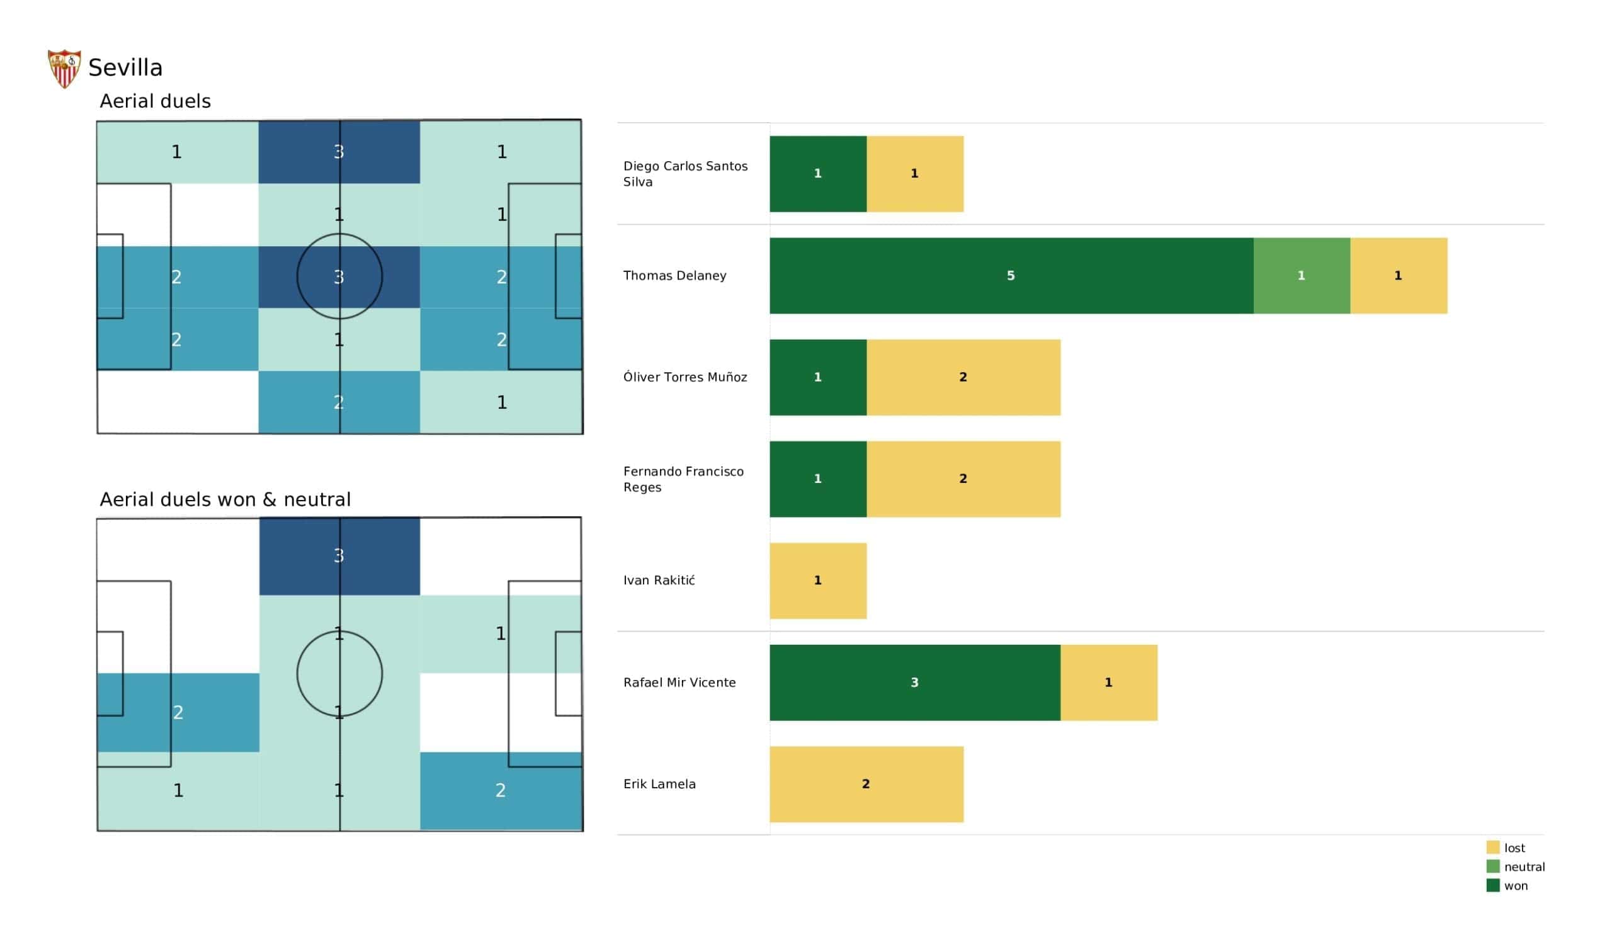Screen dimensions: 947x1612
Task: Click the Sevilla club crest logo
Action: click(x=64, y=69)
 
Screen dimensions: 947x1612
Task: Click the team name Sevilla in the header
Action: click(x=125, y=68)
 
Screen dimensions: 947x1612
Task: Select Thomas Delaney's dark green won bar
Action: click(x=1011, y=276)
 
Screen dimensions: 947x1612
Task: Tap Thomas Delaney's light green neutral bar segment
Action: click(x=1301, y=276)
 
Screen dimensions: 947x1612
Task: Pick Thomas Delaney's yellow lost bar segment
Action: click(x=1399, y=276)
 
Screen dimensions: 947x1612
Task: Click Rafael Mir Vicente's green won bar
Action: click(x=914, y=683)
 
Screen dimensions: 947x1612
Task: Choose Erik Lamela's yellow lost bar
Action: click(x=866, y=785)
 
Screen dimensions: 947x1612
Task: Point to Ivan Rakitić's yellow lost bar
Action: click(x=817, y=581)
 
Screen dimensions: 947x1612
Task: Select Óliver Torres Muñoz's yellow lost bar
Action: click(x=963, y=378)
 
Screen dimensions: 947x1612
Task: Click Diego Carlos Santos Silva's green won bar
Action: click(x=817, y=174)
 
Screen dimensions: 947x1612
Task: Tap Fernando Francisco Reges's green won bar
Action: click(x=817, y=479)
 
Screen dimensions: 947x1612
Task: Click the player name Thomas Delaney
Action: click(x=674, y=276)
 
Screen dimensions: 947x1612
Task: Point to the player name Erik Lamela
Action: click(x=659, y=785)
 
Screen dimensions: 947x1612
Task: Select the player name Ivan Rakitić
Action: click(x=659, y=581)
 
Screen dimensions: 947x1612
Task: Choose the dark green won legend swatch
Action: click(x=1492, y=886)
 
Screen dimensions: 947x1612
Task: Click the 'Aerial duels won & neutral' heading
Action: click(x=225, y=500)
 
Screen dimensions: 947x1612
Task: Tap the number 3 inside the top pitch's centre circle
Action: click(x=339, y=277)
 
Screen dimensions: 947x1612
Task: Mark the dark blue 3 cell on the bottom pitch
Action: click(x=339, y=556)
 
